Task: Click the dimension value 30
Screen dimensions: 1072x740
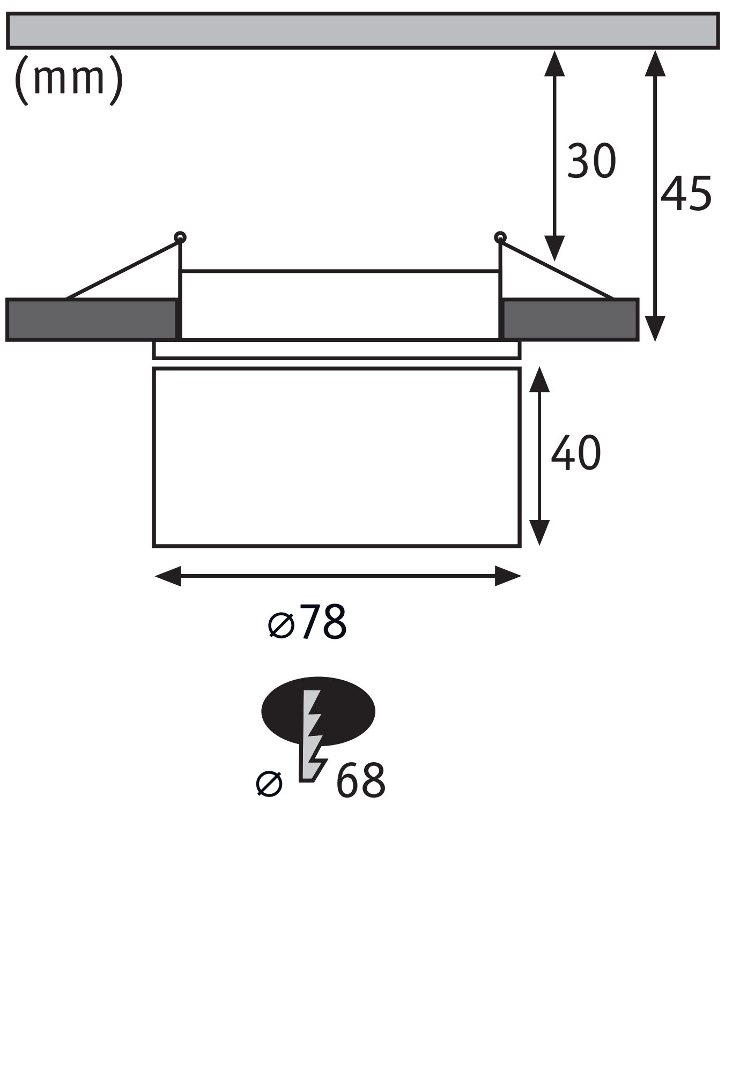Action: pyautogui.click(x=591, y=161)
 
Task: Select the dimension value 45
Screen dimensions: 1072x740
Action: pyautogui.click(x=686, y=193)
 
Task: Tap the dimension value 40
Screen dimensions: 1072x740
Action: pyautogui.click(x=576, y=453)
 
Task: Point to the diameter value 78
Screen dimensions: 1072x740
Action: pyautogui.click(x=323, y=623)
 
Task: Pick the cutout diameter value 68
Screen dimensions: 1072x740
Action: pyautogui.click(x=360, y=781)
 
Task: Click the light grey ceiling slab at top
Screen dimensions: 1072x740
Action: pyautogui.click(x=362, y=31)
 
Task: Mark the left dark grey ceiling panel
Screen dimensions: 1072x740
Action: pyautogui.click(x=91, y=319)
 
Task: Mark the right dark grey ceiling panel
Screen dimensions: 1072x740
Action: pyautogui.click(x=570, y=319)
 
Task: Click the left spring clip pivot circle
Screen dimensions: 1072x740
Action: pyautogui.click(x=180, y=237)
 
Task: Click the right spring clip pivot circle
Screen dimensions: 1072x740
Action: pyautogui.click(x=500, y=237)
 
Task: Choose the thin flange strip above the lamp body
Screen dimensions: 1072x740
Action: pyautogui.click(x=337, y=349)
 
